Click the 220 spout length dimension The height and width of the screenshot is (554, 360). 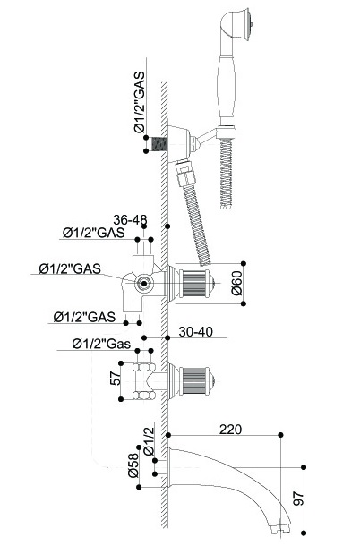click(x=230, y=430)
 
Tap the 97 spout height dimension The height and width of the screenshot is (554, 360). click(x=299, y=499)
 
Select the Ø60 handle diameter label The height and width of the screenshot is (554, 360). click(x=236, y=283)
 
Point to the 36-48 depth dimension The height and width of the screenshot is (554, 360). click(x=130, y=220)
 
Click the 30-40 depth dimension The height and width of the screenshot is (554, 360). click(x=195, y=332)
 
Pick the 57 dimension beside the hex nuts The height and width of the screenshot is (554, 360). click(x=115, y=378)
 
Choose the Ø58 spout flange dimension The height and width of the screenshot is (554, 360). click(x=133, y=465)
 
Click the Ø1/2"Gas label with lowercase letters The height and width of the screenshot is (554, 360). click(x=101, y=344)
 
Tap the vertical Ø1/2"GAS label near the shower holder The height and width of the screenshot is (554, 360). click(x=140, y=102)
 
